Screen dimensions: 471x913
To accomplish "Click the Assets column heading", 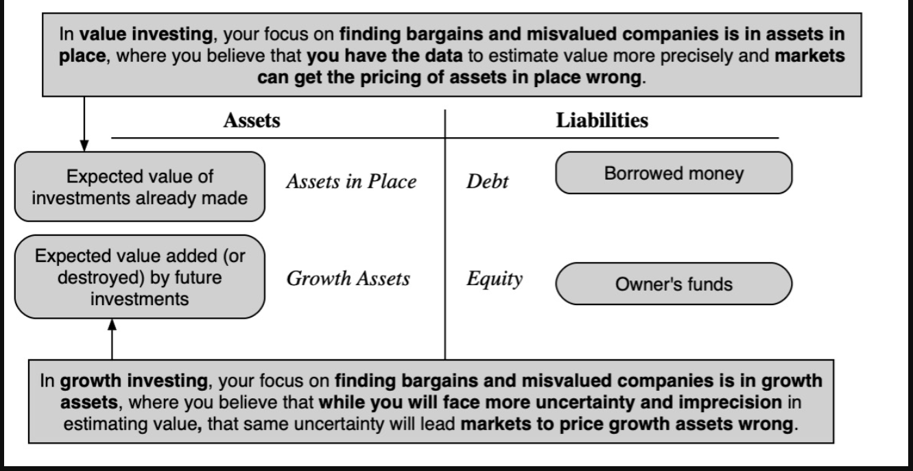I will point(252,121).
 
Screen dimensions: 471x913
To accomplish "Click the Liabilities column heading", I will point(602,121).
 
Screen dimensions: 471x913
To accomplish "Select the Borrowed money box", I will point(673,173).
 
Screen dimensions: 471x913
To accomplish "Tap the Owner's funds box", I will point(673,283).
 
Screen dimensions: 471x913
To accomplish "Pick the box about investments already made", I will point(139,186).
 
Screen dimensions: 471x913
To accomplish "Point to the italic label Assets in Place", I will point(351,182).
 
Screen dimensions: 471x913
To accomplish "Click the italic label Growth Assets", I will point(348,278).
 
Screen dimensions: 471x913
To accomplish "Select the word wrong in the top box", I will point(619,77).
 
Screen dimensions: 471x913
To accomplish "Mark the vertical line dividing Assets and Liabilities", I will point(445,233).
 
